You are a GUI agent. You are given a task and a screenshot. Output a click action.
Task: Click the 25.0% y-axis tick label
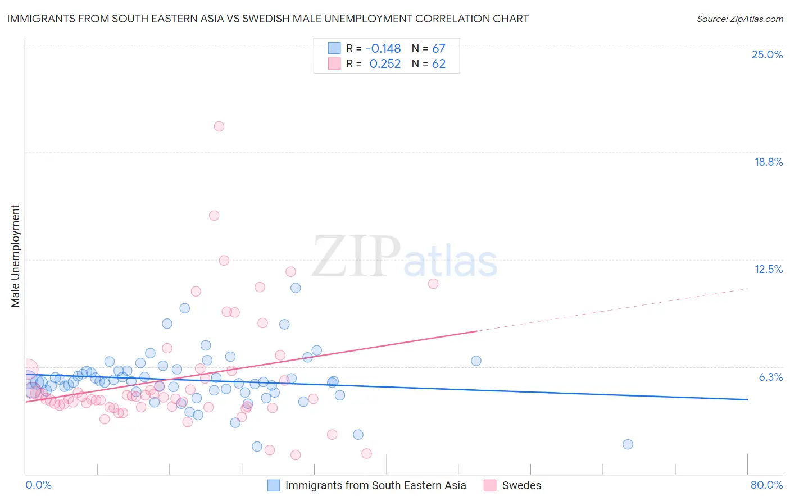[767, 54]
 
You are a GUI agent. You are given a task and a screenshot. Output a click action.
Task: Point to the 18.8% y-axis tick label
[768, 162]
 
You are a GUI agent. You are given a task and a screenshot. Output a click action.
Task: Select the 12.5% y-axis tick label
[768, 269]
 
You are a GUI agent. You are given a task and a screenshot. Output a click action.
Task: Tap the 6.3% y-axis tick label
[770, 377]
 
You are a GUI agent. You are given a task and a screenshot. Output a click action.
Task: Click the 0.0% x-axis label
[38, 485]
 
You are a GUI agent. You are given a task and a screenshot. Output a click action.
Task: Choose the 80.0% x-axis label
[766, 485]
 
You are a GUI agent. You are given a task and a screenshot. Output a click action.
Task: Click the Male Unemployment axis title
[16, 256]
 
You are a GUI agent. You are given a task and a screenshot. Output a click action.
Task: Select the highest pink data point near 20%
[219, 126]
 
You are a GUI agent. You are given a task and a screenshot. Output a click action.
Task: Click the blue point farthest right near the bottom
[628, 444]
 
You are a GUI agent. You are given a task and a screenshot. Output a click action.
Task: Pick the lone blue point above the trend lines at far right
[476, 361]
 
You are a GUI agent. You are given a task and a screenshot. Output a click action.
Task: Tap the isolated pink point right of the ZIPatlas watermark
[433, 284]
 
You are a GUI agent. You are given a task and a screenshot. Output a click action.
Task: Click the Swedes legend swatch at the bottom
[490, 485]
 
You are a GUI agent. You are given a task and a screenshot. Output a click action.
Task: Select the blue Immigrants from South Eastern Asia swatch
[274, 485]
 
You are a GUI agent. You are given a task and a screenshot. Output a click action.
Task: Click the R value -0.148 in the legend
[383, 49]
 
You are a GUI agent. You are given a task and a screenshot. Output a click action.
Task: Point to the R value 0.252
[385, 64]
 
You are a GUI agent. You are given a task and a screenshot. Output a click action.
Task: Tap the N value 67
[439, 49]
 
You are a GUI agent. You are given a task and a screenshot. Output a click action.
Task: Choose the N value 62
[439, 64]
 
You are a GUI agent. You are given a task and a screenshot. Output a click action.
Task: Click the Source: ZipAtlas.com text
[739, 19]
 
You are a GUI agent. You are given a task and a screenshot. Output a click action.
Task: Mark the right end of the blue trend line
[747, 399]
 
